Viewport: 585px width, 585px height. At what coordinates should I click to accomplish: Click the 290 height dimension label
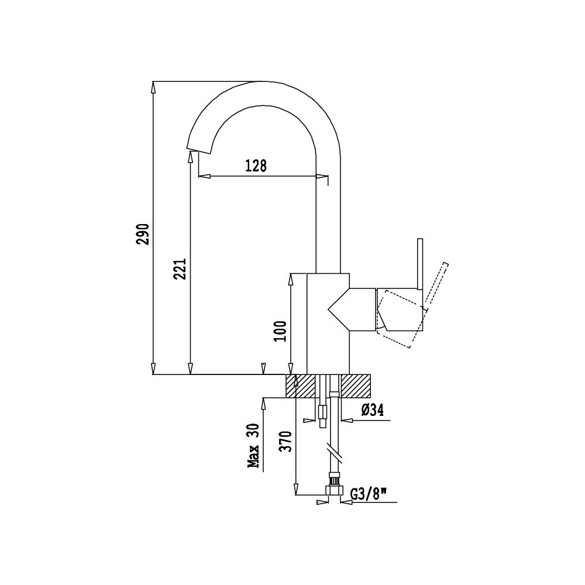(143, 235)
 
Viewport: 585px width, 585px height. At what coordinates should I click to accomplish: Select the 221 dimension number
(180, 269)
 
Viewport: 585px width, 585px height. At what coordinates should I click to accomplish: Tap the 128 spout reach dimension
(256, 166)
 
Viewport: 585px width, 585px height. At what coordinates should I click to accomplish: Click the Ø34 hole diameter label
(372, 411)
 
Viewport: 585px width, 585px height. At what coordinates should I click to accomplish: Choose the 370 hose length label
(287, 441)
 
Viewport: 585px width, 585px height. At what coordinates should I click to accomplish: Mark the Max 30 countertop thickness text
(254, 446)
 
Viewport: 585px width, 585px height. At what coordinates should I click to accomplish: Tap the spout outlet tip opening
(198, 150)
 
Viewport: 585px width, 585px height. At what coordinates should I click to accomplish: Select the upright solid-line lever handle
(420, 264)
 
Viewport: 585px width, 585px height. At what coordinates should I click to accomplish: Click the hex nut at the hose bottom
(334, 490)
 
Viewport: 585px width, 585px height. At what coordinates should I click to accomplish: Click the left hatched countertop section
(301, 386)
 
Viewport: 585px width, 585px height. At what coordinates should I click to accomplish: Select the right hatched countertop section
(356, 386)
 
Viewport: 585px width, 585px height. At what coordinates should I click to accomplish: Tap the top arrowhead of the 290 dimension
(153, 87)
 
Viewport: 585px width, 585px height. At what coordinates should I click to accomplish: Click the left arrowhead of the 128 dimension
(204, 176)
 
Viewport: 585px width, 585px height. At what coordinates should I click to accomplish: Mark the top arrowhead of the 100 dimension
(291, 279)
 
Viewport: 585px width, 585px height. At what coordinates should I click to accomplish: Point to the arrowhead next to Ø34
(347, 421)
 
